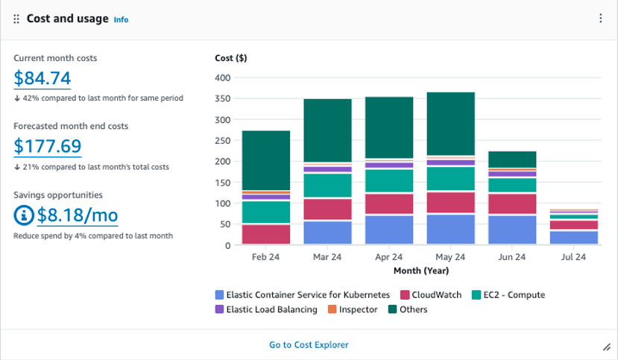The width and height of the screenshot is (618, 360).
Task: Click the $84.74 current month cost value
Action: coord(42,78)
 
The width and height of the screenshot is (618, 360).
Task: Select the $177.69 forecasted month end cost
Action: coord(47,146)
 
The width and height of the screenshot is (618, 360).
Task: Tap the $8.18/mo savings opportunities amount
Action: coord(77,215)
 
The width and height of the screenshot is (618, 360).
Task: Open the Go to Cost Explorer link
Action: coord(309,344)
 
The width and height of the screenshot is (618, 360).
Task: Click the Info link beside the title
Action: coord(121,20)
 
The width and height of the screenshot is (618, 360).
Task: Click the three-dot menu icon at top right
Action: coord(601,19)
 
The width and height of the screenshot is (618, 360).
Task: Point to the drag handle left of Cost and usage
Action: coord(16,19)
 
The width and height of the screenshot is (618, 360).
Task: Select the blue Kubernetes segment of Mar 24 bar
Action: coord(327,233)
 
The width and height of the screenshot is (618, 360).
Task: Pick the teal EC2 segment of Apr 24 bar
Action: coord(389,180)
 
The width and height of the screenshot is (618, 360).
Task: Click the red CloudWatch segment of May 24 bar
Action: coord(450,202)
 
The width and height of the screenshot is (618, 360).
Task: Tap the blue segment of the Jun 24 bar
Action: coord(512,230)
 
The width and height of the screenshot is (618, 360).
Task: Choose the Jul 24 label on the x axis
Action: coord(573,257)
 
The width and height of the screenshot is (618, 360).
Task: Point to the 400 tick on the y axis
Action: coord(222,78)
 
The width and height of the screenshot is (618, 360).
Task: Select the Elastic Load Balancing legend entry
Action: coord(266,309)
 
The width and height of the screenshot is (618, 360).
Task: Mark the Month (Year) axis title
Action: coord(420,270)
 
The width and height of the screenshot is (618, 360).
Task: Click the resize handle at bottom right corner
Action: coord(606,347)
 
